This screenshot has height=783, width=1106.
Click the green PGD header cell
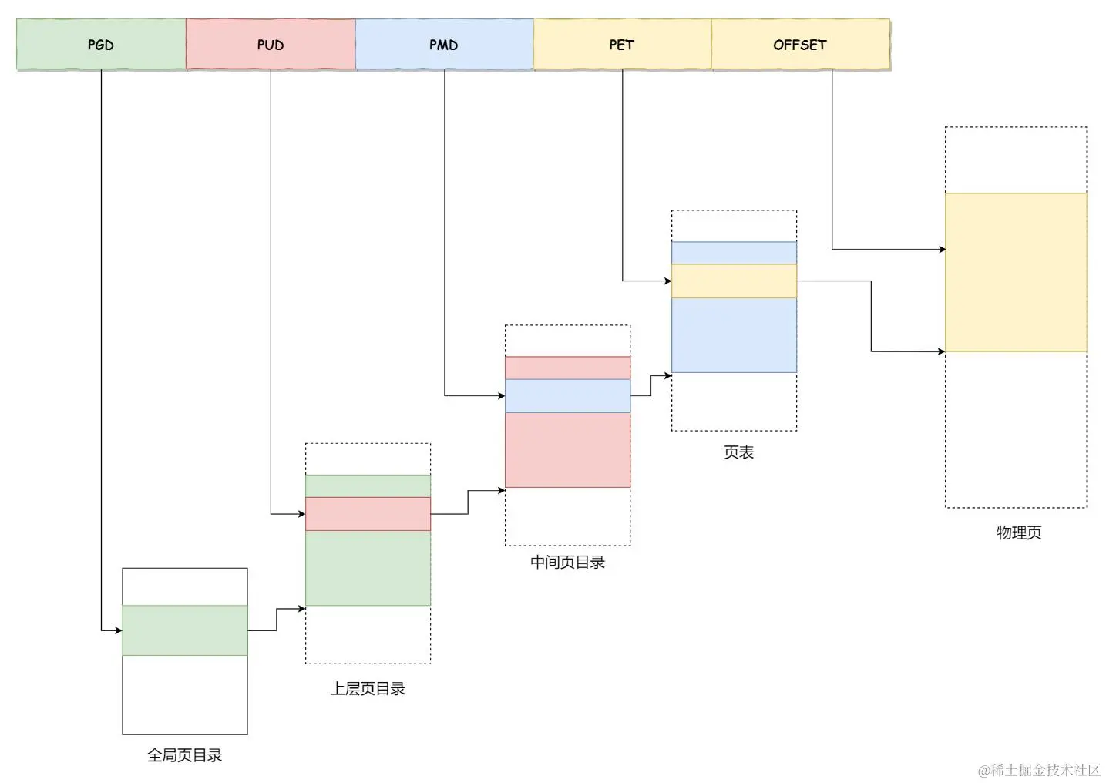(101, 45)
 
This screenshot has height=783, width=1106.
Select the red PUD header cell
(271, 45)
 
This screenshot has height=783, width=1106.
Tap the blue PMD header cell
(444, 45)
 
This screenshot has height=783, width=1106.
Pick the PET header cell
(622, 45)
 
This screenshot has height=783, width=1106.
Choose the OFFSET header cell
(800, 45)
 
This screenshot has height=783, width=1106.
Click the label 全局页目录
(185, 755)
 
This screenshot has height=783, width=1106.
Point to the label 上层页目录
(368, 689)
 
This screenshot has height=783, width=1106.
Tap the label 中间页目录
(567, 563)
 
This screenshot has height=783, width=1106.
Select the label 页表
(738, 452)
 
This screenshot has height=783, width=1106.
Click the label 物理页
(1019, 533)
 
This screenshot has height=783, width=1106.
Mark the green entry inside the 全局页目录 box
(185, 630)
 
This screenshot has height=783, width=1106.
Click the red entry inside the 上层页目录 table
(368, 513)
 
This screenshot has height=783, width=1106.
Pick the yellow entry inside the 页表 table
(734, 281)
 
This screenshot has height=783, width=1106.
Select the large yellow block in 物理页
(1016, 272)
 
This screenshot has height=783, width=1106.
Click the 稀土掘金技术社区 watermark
(1040, 770)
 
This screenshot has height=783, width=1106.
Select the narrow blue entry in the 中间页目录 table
(567, 396)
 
